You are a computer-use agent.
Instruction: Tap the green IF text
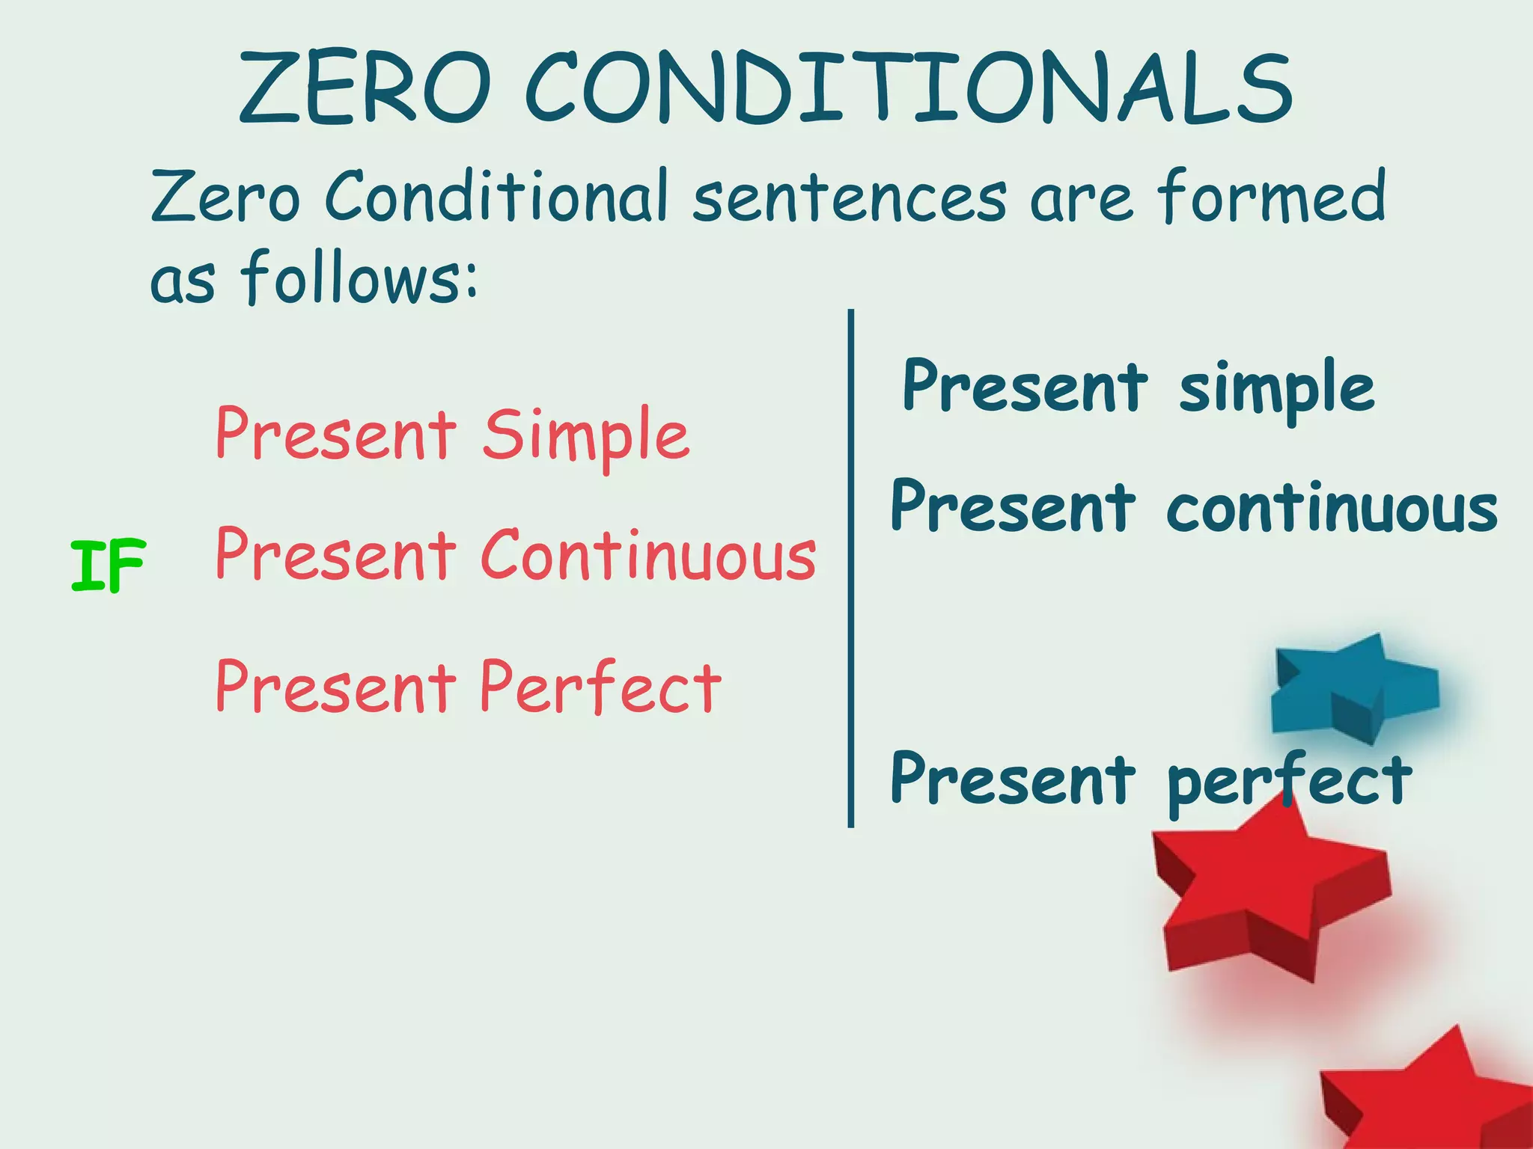[x=108, y=566]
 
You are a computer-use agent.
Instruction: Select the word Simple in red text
[x=585, y=436]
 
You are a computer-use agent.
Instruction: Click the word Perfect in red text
[x=600, y=687]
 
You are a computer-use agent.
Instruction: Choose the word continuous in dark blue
[x=1332, y=509]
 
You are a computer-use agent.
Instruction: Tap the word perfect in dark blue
[x=1289, y=780]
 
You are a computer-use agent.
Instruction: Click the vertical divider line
[x=851, y=569]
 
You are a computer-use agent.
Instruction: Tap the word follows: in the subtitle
[x=359, y=278]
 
